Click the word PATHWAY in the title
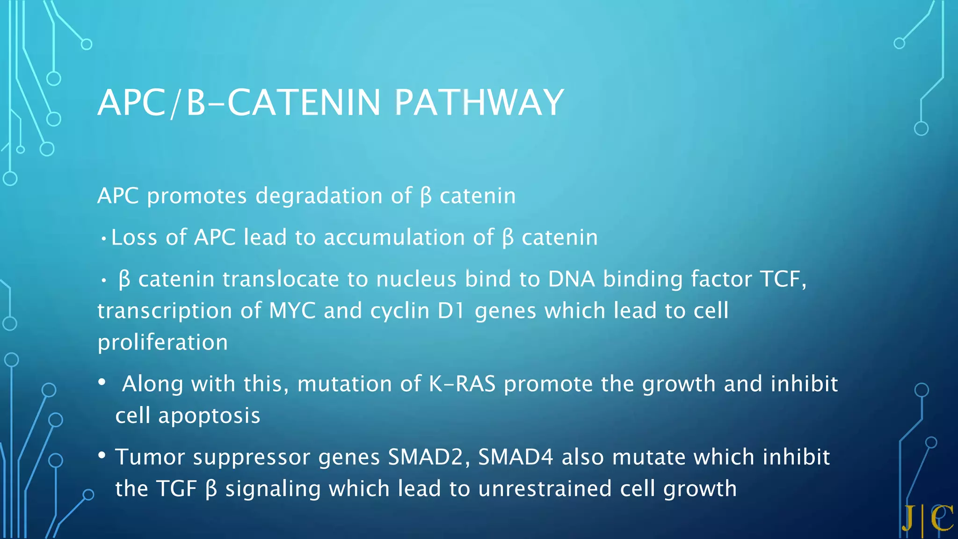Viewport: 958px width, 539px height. (479, 102)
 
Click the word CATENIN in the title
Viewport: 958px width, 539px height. (304, 102)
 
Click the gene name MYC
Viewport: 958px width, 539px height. (292, 311)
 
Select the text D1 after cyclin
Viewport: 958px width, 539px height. (451, 311)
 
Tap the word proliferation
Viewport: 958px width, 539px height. (162, 342)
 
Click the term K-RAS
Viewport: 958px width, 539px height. (462, 384)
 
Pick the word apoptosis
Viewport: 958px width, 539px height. (209, 415)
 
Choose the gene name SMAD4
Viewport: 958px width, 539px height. (515, 457)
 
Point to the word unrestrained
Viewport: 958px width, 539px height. (545, 489)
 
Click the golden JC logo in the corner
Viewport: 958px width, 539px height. (927, 518)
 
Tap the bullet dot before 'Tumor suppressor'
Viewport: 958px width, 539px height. (102, 455)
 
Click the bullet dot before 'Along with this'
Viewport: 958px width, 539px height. (102, 382)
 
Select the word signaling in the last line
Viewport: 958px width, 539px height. (273, 489)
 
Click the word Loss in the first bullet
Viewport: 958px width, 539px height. (134, 237)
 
